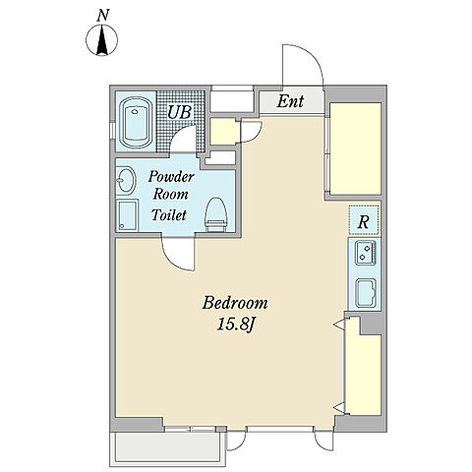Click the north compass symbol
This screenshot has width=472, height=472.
coord(101,40)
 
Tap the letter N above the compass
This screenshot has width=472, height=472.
coord(103,16)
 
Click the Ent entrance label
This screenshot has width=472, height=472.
coord(290,101)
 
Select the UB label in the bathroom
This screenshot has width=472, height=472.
coord(179,112)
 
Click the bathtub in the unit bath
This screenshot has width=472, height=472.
coord(136,123)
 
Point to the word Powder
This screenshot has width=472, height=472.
coord(171,176)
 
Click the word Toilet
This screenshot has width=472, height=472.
coord(169,214)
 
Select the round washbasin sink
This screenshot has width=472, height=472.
coord(126,180)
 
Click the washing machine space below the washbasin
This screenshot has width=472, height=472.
coord(128,215)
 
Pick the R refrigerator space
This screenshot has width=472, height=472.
coord(364,219)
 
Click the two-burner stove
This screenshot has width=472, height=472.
coord(366,253)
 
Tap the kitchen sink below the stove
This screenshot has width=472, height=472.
coord(366,293)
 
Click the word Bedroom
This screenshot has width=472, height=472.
coord(235,303)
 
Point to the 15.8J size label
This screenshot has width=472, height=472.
coord(236,324)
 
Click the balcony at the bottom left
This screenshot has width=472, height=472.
coord(167,448)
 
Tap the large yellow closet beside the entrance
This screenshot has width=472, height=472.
coord(355,148)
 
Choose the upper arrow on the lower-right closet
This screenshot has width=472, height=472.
coord(338,324)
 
